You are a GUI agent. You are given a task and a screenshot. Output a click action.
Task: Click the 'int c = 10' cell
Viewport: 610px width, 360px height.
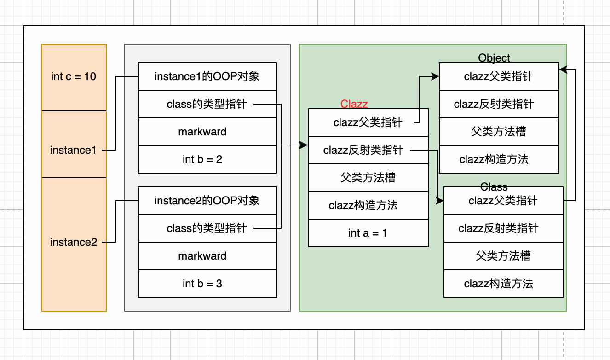point(74,77)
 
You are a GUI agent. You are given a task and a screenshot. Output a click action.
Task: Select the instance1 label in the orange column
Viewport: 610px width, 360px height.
point(74,150)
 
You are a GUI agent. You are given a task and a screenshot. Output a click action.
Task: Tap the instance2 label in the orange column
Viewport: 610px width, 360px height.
point(74,242)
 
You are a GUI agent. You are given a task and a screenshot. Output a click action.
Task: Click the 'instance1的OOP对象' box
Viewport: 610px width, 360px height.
point(207,76)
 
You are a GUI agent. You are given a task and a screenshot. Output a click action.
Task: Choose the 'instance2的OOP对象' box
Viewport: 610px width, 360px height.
point(207,201)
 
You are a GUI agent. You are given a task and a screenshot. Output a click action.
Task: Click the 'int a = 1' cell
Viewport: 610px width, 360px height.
point(368,233)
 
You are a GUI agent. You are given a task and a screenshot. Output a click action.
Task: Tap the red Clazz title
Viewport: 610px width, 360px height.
point(354,104)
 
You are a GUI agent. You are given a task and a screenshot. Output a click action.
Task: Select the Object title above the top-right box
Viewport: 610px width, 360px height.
point(494,58)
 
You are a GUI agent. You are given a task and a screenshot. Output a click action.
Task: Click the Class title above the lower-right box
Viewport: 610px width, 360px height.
point(494,187)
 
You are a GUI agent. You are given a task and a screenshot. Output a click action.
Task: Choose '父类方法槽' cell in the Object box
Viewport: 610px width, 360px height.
point(499,132)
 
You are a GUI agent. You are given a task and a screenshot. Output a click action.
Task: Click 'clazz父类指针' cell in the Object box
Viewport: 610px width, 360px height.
point(499,76)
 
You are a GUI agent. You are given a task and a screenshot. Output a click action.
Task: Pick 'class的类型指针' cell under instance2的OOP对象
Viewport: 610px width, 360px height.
point(207,228)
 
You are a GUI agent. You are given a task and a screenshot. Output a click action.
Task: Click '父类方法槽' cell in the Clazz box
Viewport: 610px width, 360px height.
point(368,178)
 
